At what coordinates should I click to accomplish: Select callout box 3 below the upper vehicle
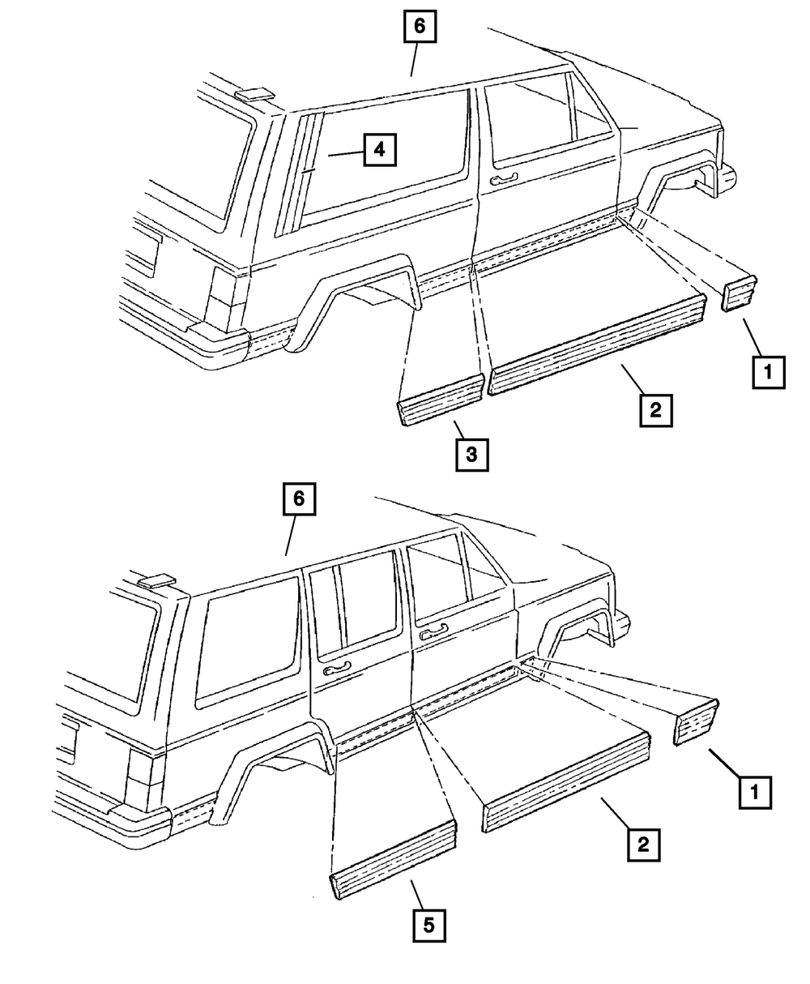[x=471, y=455]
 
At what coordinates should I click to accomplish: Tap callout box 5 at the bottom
[x=429, y=923]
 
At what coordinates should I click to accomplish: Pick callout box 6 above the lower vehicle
[x=298, y=499]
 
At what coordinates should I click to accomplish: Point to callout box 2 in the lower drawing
[x=642, y=845]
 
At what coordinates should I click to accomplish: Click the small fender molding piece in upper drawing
[x=739, y=293]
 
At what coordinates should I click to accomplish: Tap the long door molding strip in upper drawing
[x=597, y=345]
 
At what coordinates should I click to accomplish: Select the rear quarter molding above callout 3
[x=441, y=399]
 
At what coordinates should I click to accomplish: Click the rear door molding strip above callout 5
[x=394, y=857]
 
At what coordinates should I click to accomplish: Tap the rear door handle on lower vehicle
[x=336, y=670]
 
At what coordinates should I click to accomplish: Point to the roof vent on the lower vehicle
[x=156, y=580]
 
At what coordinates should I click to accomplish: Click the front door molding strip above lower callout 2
[x=567, y=778]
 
